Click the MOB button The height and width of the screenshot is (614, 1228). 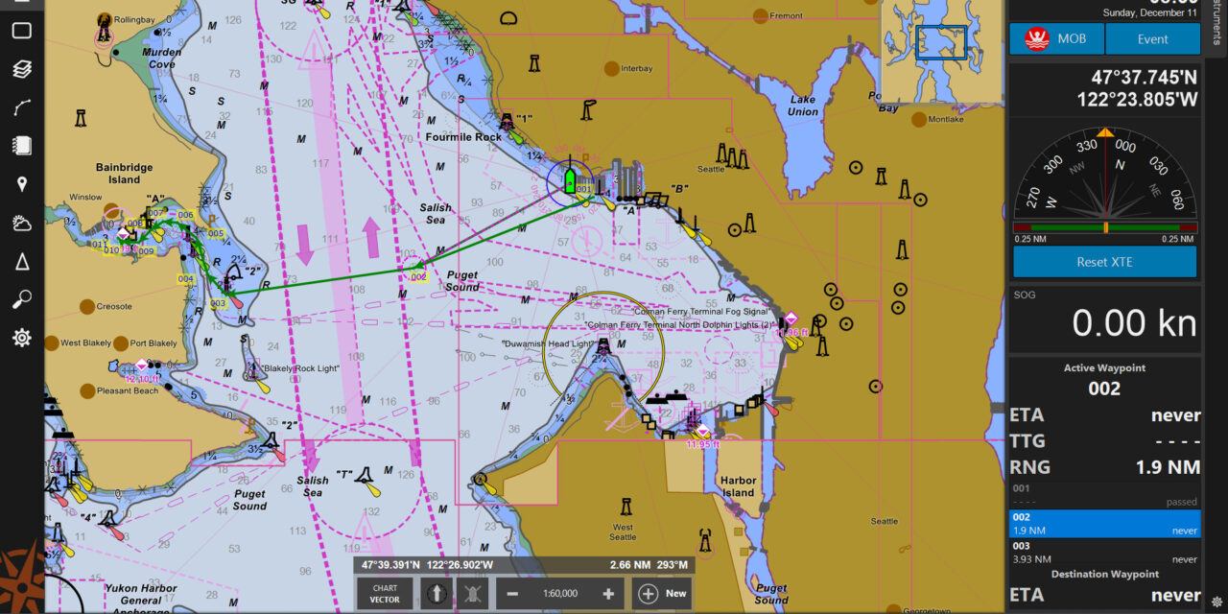pos(1056,39)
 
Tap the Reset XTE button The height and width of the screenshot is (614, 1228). pos(1104,261)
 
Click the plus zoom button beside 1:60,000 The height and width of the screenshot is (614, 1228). pos(607,593)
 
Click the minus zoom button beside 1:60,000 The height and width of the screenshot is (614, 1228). pos(512,593)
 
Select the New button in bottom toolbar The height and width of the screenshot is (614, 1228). pos(663,593)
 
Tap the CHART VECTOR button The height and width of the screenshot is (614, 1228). pos(385,593)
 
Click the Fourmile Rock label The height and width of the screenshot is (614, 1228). pos(463,137)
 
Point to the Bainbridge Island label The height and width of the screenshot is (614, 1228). pos(124,174)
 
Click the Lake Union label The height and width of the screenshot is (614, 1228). pos(802,106)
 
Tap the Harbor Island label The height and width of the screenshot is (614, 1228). pos(738,486)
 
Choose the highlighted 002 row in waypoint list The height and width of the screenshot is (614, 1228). pos(1104,523)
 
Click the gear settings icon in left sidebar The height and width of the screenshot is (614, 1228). pos(21,338)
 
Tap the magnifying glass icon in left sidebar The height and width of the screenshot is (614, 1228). pos(21,300)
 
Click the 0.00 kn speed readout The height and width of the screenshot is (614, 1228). pos(1134,323)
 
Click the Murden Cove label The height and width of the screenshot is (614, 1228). pos(161,59)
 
